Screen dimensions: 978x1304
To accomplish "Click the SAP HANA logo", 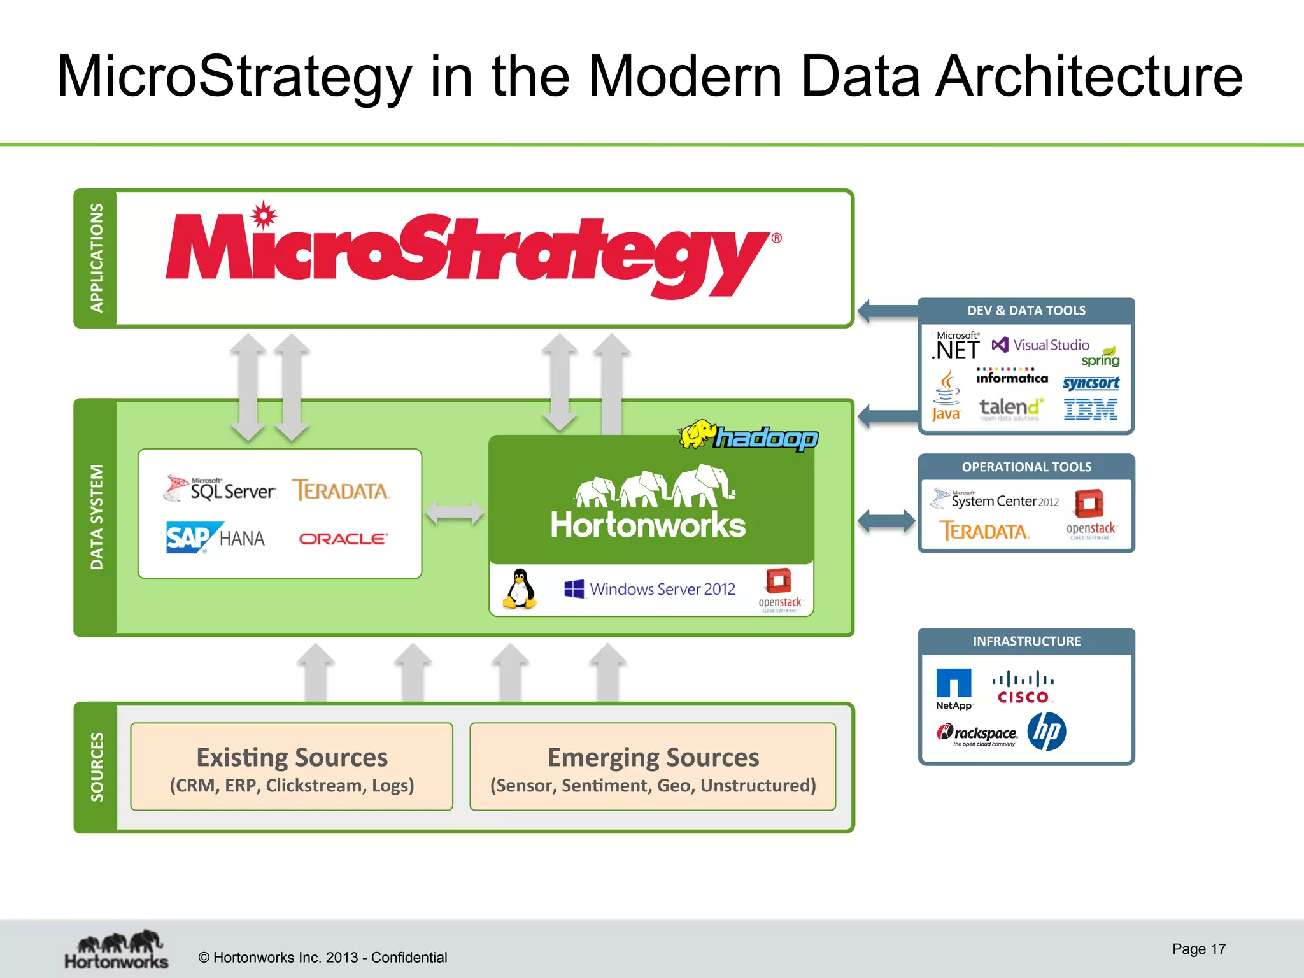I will pos(215,538).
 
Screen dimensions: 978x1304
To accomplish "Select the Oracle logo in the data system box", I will pos(343,539).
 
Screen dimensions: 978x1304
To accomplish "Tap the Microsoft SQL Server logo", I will pos(220,489).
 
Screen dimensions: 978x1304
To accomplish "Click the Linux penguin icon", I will pos(520,590).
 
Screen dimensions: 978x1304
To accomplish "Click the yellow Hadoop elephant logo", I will pos(698,435).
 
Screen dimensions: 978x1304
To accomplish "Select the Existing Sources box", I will pos(292,767).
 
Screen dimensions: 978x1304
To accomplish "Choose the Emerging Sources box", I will pos(653,767).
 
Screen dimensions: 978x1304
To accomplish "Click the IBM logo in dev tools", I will pos(1090,409).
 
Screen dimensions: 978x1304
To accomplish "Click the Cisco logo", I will pos(1023,688).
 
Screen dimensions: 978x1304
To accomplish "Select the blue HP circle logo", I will pos(1046,732).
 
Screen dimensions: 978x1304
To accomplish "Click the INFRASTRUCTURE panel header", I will pos(1026,641).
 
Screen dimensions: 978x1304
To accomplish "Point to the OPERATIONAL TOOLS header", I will pos(1026,467).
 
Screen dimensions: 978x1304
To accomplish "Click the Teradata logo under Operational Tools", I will pos(984,530).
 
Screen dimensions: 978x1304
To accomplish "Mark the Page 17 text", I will pos(1198,949).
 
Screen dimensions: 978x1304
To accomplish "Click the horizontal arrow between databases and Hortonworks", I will pos(454,512).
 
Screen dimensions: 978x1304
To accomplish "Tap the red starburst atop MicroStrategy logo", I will pos(263,215).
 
